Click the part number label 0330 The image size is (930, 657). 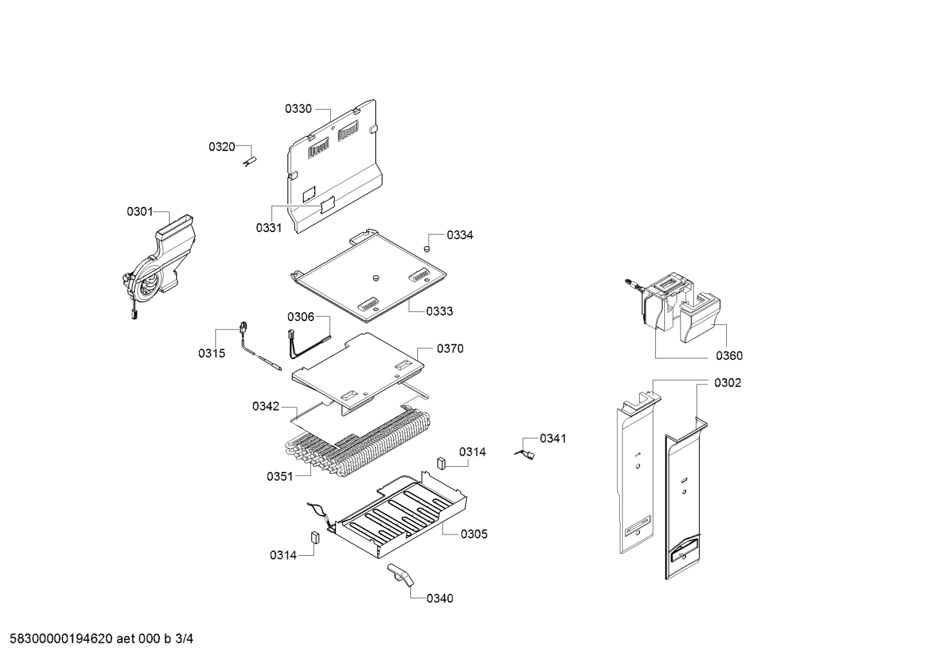coord(298,109)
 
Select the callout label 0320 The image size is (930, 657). coord(222,146)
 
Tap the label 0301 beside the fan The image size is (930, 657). coord(140,211)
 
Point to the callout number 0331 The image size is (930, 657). coord(269,228)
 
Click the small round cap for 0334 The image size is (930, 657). coord(426,249)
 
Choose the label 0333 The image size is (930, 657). coord(439,311)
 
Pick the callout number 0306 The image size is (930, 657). coord(301,317)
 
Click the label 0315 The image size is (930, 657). coord(212,353)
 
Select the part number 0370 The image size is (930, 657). coord(450,349)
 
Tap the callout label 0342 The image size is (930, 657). coord(266,406)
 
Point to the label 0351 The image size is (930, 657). coord(280,476)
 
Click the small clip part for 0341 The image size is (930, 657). coord(526,455)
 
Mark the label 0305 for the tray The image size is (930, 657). coord(474,534)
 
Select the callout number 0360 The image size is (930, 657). coord(729,356)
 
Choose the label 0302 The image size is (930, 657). coord(727,383)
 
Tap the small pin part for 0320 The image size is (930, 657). coord(250,162)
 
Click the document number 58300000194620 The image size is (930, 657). coord(61,639)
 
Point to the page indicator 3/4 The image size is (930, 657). coord(184,639)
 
